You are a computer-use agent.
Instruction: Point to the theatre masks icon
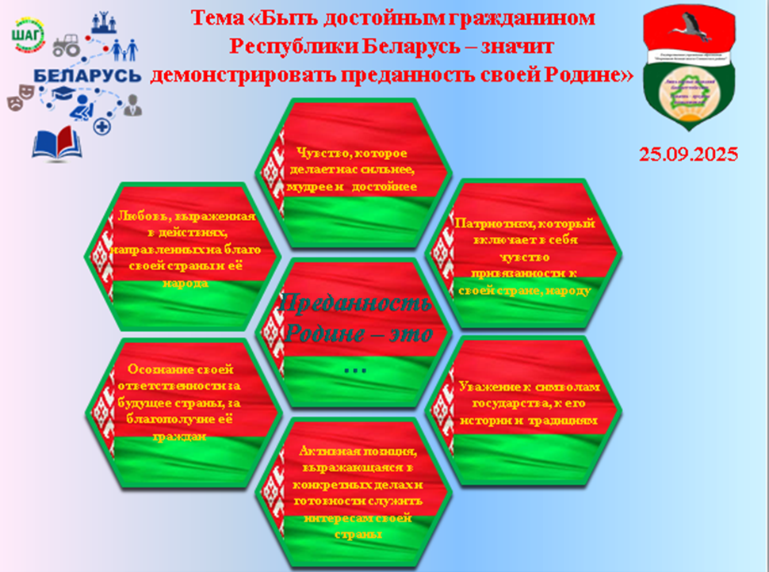(19, 102)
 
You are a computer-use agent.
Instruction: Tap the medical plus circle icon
(101, 127)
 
